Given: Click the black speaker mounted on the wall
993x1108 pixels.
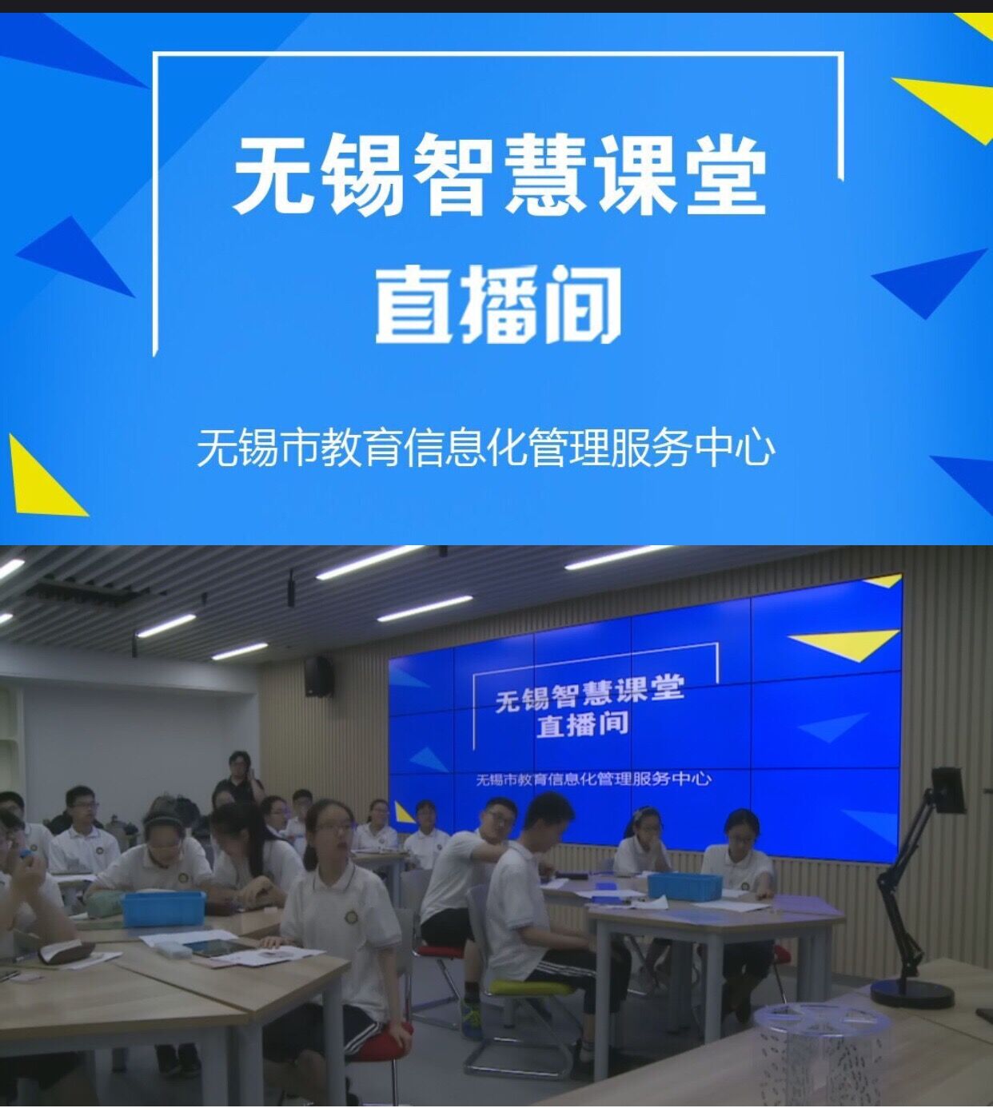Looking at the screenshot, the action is tap(318, 676).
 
